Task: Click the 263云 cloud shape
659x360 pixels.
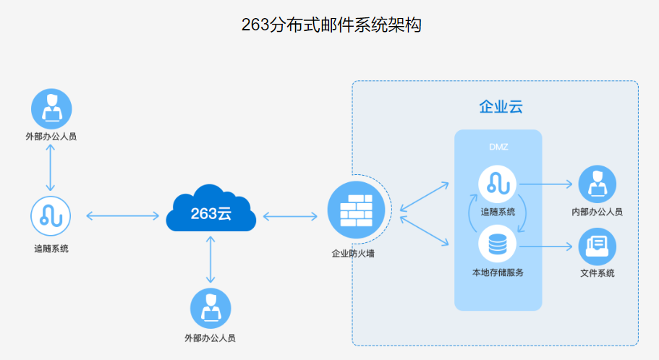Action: (211, 211)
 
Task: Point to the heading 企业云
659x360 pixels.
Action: (501, 107)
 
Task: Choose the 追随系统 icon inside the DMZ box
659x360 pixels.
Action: (498, 184)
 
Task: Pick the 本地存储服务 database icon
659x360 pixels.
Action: (498, 245)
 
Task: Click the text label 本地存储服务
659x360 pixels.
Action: (498, 273)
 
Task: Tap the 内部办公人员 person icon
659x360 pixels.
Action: (597, 184)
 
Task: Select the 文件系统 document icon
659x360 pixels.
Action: (597, 246)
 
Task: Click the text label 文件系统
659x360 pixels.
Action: (597, 273)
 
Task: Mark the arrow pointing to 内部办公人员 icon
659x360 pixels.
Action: (547, 184)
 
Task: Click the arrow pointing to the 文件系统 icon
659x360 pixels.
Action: (547, 246)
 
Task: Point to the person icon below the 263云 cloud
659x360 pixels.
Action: (211, 308)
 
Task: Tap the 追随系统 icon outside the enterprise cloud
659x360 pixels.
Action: (51, 215)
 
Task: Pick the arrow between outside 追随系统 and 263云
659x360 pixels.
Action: (122, 215)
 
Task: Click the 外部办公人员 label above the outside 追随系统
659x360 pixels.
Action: (51, 135)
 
